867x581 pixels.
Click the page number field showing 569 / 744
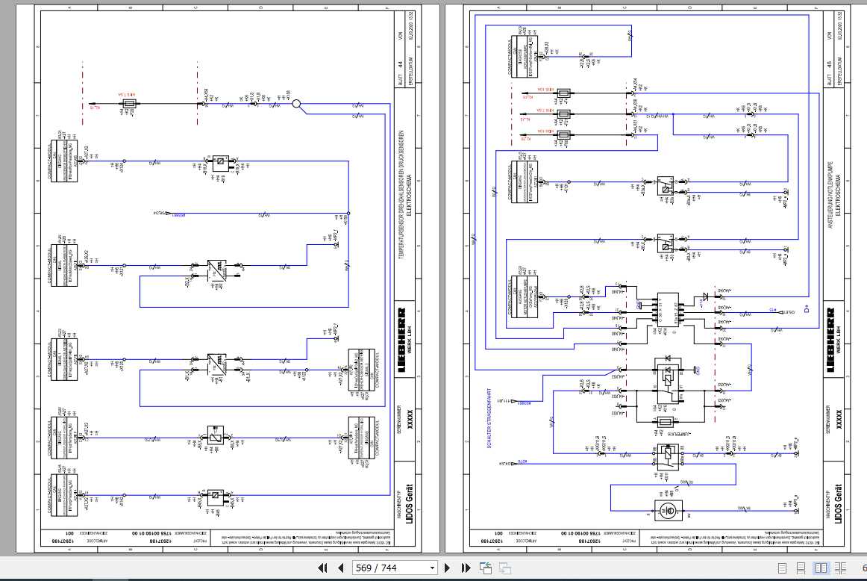click(x=395, y=568)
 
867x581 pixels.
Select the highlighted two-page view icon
click(x=821, y=568)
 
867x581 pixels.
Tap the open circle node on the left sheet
click(x=295, y=105)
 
